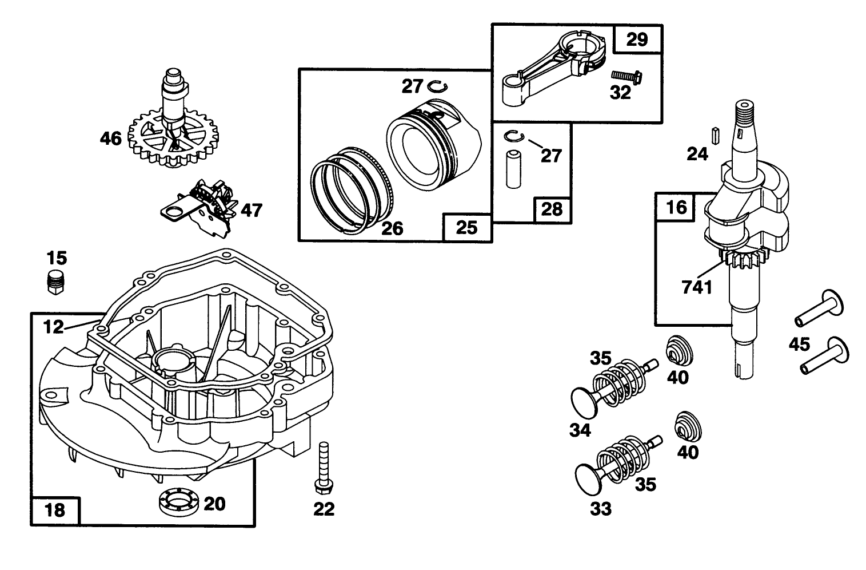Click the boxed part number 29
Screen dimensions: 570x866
click(637, 39)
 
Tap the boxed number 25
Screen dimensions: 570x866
click(467, 227)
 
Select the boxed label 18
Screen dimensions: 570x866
click(55, 510)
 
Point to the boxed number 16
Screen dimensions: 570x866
click(677, 207)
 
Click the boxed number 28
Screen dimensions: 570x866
click(552, 209)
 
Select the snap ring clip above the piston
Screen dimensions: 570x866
click(438, 86)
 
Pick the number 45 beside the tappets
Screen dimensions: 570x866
click(799, 344)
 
